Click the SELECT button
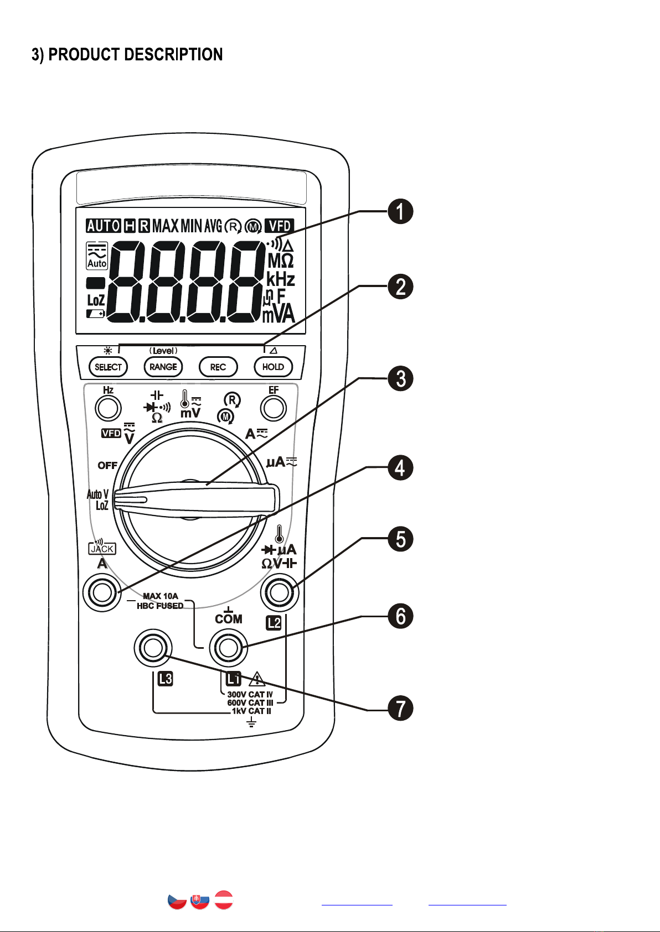coord(109,367)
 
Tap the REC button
coord(218,367)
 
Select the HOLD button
coord(273,367)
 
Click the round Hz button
coord(108,408)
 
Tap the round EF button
coord(273,408)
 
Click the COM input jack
coord(228,647)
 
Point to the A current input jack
coord(102,592)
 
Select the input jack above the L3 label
coord(153,647)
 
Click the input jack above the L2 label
coord(280,592)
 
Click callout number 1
coord(400,211)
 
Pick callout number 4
coord(400,468)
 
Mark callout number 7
coord(400,709)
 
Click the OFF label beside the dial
coord(107,465)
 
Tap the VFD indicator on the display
coord(280,226)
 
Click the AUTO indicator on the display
coord(104,226)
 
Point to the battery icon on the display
coord(95,314)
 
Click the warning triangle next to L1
coord(257,679)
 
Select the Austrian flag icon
coord(224,900)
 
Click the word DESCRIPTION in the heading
coord(173,55)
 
